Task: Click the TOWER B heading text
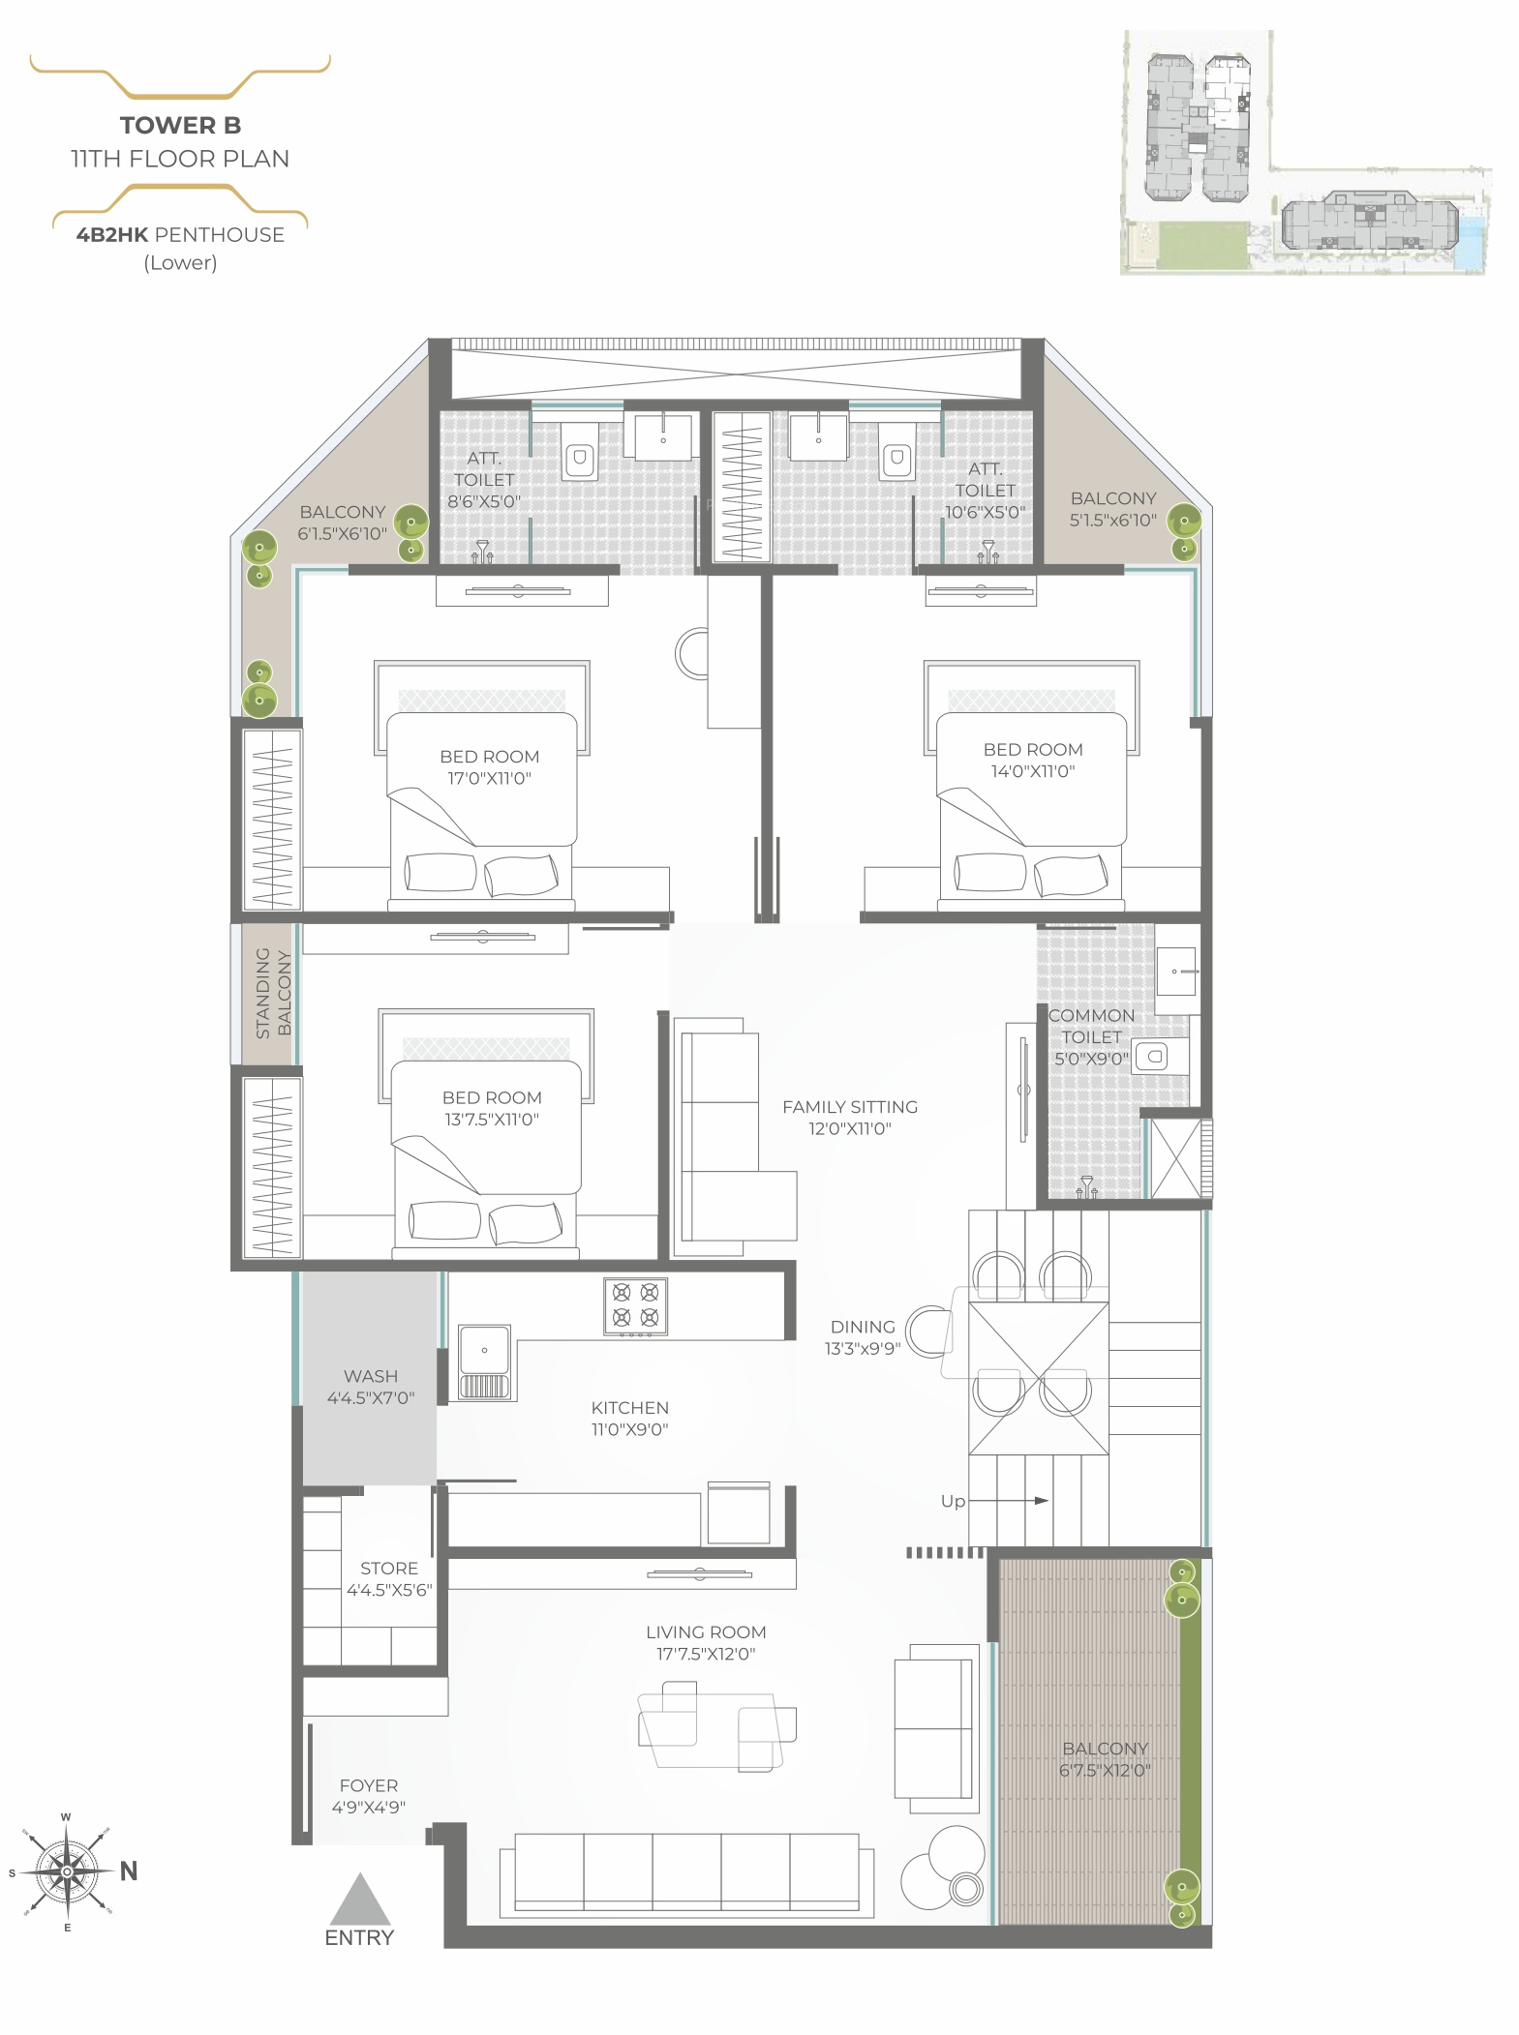[x=180, y=125]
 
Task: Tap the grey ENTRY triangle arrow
[x=360, y=1899]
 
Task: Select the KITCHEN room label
[x=629, y=1408]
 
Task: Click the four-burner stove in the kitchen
[x=636, y=1306]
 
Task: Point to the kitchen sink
[x=484, y=1362]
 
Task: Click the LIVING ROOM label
[x=706, y=1632]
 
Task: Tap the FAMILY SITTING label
[x=850, y=1107]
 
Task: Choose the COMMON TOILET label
[x=1091, y=1026]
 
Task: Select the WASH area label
[x=371, y=1376]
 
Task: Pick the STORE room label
[x=389, y=1569]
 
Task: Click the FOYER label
[x=369, y=1785]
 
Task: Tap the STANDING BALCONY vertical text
[x=272, y=993]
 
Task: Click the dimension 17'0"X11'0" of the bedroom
[x=489, y=778]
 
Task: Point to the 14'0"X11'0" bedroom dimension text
[x=1032, y=771]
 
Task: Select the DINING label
[x=863, y=1327]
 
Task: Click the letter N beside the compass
[x=129, y=1871]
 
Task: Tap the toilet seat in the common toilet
[x=1151, y=1056]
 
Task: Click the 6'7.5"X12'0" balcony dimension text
[x=1105, y=1771]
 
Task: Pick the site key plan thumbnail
[x=1306, y=153]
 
